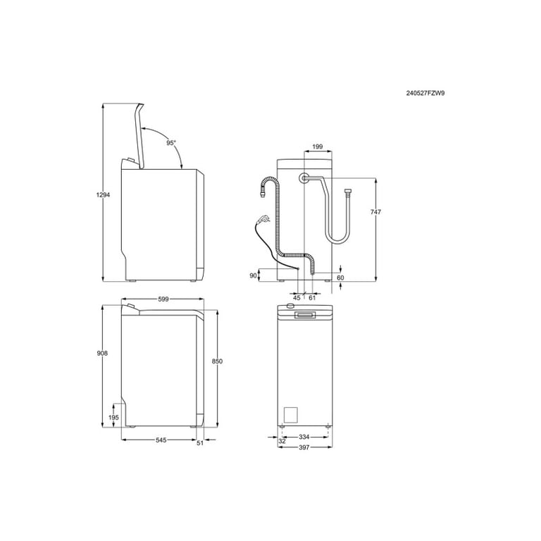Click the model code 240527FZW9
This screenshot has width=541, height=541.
coord(425,92)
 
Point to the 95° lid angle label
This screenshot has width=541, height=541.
coord(171,142)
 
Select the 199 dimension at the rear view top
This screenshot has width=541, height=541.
coord(317,147)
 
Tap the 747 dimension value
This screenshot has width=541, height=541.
coord(376,212)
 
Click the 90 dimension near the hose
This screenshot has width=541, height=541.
coord(254,275)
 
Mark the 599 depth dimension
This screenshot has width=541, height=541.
coord(163,299)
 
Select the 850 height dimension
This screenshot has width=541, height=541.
coord(217,361)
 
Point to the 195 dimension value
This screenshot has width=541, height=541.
coord(114,418)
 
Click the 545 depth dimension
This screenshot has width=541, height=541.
coord(161,440)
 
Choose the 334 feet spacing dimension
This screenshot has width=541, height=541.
coord(305,437)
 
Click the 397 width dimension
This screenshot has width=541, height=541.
coord(305,447)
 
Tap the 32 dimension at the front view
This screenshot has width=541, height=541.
coord(282,441)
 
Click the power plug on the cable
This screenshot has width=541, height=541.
coord(264,218)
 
